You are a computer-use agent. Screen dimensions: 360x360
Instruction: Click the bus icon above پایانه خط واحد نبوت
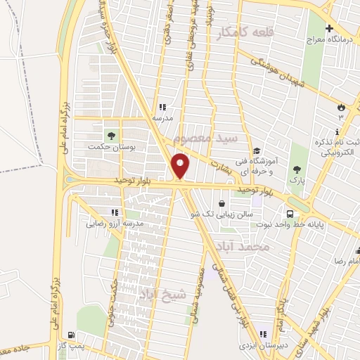[x=289, y=214]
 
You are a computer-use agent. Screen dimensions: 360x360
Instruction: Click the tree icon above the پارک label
[x=298, y=169]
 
